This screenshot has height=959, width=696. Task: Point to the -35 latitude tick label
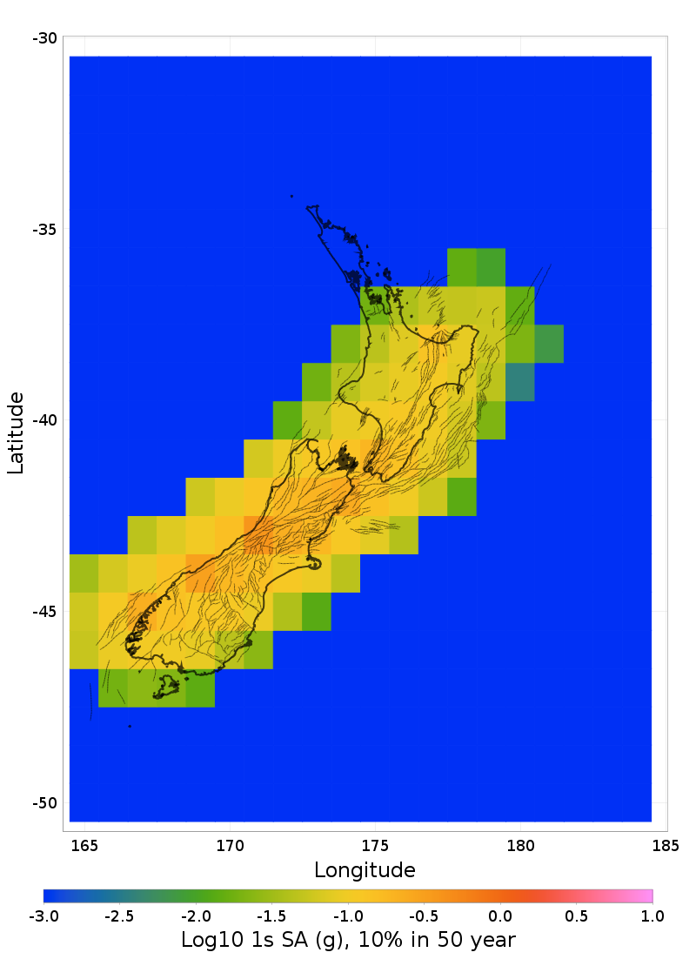[44, 229]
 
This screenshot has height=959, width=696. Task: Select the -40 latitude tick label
[44, 420]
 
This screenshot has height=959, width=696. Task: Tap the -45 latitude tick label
[44, 612]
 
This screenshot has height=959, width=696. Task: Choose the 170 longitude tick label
[230, 845]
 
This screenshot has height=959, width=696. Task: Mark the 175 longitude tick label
[375, 845]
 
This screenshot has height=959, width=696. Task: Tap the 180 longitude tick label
[520, 845]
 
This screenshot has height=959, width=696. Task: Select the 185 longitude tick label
[666, 845]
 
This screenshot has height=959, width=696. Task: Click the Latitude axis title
[16, 433]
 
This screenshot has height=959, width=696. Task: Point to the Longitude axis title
[365, 869]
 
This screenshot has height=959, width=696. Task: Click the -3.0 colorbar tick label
[43, 915]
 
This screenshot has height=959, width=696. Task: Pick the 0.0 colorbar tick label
[500, 915]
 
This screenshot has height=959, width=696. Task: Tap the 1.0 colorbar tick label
[652, 915]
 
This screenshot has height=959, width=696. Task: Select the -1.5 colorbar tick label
[271, 915]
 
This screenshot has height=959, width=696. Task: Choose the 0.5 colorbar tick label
[576, 915]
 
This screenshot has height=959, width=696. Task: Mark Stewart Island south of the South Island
[166, 688]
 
